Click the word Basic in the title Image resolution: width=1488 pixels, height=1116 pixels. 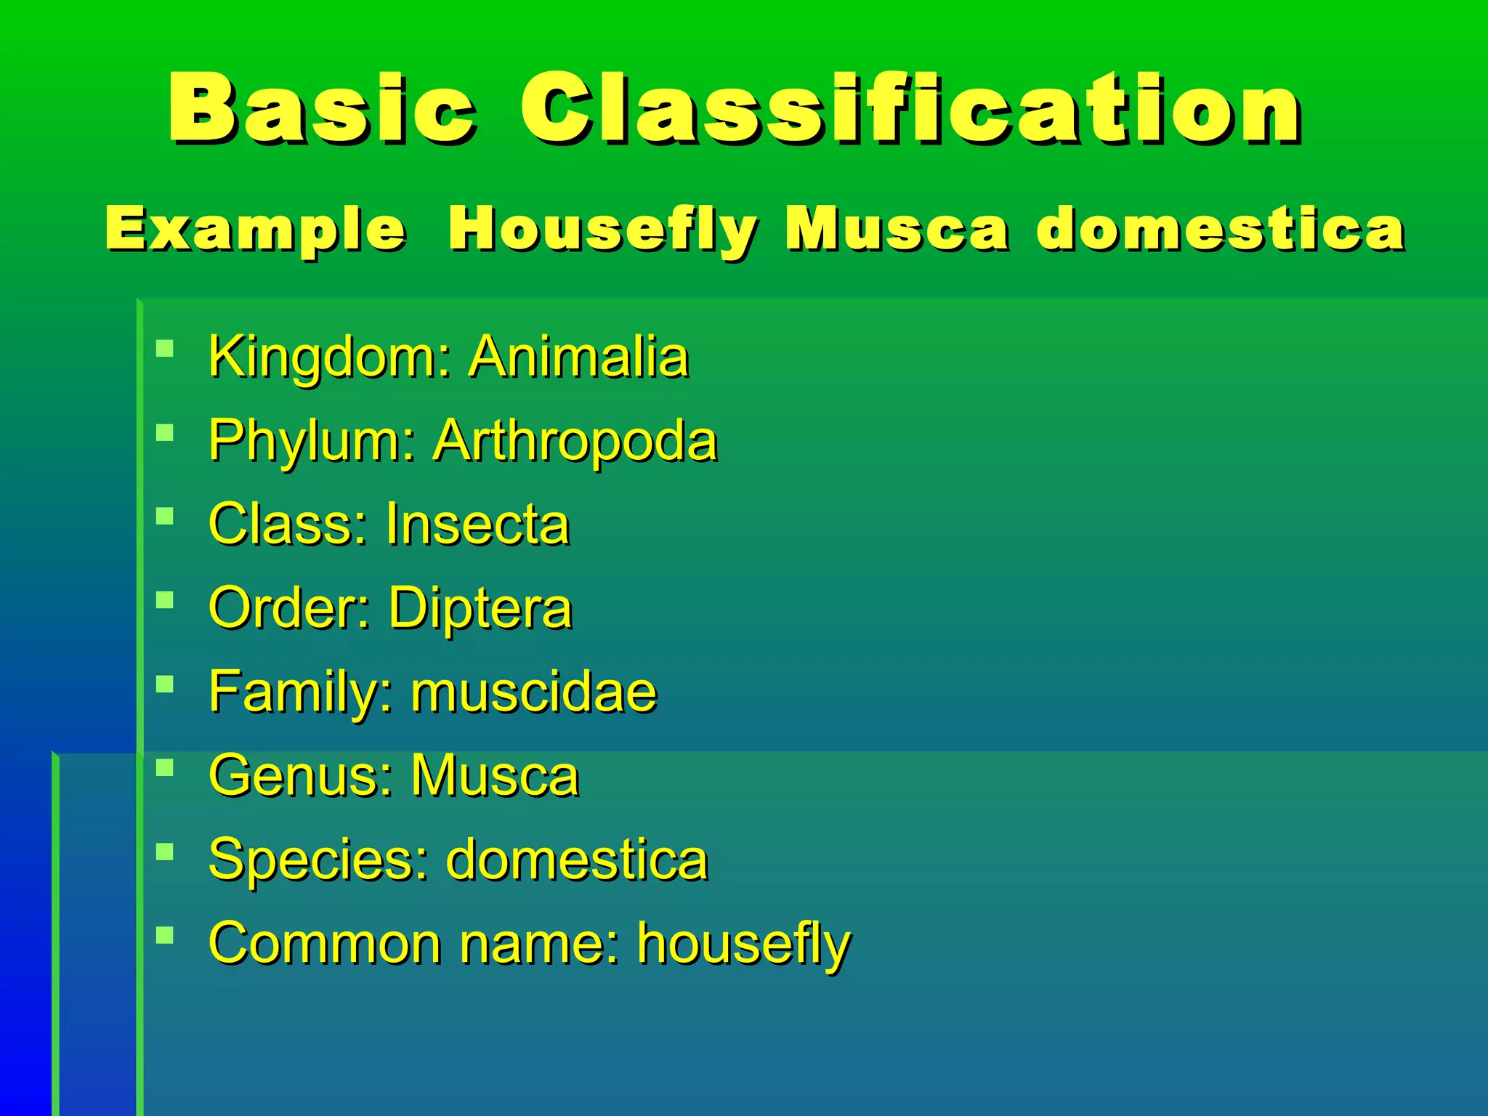tap(321, 109)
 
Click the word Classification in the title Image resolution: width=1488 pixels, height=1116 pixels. tap(910, 109)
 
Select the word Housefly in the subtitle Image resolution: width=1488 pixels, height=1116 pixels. tap(603, 230)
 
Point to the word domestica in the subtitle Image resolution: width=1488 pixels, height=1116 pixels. tap(1221, 230)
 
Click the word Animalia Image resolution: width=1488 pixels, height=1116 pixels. tap(578, 357)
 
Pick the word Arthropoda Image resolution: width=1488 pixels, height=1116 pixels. tap(575, 441)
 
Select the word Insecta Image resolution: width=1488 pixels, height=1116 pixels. tap(477, 524)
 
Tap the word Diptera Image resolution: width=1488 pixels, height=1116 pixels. tap(480, 608)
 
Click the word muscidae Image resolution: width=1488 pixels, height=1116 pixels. tap(534, 692)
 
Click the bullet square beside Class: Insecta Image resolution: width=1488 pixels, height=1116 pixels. tap(165, 517)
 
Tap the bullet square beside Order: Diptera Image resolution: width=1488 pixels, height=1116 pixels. tap(165, 600)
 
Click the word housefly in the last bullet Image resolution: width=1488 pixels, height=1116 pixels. tap(743, 943)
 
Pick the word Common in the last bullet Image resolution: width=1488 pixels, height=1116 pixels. tap(325, 943)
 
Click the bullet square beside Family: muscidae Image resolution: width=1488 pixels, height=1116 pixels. tap(165, 684)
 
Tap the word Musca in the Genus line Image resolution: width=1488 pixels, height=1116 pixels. tap(495, 775)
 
